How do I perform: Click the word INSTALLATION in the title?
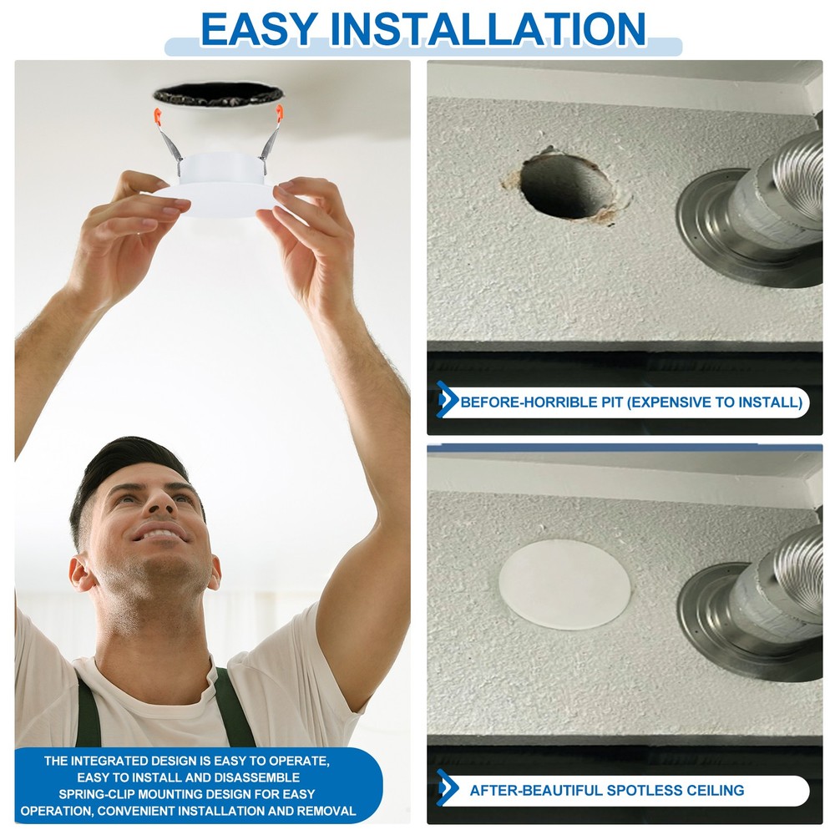[488, 29]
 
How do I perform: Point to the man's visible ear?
[82, 574]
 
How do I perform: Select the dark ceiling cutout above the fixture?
[218, 94]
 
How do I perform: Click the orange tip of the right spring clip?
[280, 112]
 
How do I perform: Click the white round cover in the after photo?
[564, 584]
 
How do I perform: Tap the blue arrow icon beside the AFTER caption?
[446, 788]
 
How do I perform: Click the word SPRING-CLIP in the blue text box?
[97, 794]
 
